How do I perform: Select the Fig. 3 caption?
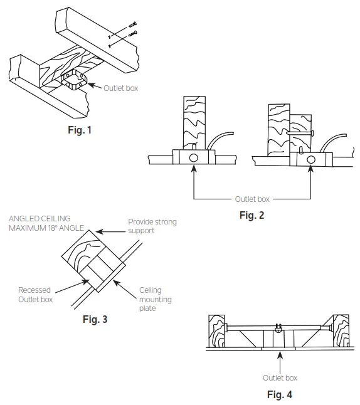click(x=95, y=319)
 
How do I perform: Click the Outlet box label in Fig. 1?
click(x=120, y=88)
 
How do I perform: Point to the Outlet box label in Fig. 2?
click(x=252, y=199)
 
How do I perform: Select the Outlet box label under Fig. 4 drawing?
click(x=280, y=377)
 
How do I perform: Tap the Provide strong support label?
click(x=152, y=226)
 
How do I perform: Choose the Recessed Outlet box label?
click(x=34, y=295)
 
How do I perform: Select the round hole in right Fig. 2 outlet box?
click(x=310, y=160)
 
